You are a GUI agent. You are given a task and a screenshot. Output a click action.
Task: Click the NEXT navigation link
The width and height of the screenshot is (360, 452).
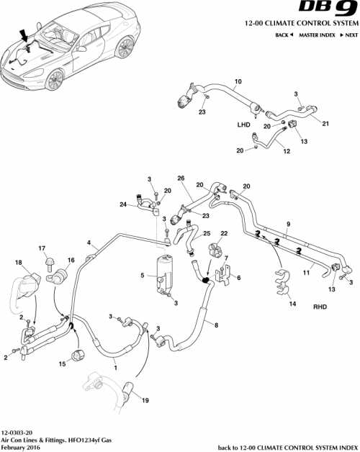[x=347, y=35]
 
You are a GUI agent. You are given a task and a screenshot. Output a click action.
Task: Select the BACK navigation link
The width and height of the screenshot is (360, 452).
[x=284, y=35]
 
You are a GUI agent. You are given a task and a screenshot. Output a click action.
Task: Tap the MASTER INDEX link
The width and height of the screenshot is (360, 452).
[x=318, y=35]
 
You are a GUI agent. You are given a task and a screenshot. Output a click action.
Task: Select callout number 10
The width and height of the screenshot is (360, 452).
[x=238, y=81]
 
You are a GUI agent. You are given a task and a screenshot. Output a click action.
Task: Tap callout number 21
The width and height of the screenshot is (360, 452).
[x=325, y=124]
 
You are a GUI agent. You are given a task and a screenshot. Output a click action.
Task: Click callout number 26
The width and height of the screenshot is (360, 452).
[x=181, y=178]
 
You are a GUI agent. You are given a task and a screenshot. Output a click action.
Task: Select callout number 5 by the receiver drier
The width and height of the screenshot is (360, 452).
[x=143, y=275]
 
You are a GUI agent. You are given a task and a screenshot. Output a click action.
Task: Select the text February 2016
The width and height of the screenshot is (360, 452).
[x=19, y=446]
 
